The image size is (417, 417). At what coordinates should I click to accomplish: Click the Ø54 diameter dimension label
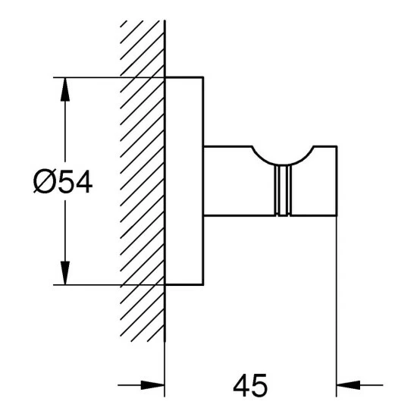[x=63, y=181]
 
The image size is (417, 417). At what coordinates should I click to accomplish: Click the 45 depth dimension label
[x=250, y=385]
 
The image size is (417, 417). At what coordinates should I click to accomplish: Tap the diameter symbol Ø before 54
[x=44, y=181]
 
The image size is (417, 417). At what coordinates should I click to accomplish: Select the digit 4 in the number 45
[x=241, y=385]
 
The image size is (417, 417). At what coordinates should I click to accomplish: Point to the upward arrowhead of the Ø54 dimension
[x=65, y=89]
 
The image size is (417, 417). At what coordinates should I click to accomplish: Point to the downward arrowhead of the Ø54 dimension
[x=65, y=273]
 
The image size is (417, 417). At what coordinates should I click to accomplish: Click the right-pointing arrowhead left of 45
[x=152, y=385]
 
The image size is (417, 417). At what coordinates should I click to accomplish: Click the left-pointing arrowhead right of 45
[x=348, y=385]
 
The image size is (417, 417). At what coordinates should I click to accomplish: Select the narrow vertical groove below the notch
[x=283, y=190]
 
